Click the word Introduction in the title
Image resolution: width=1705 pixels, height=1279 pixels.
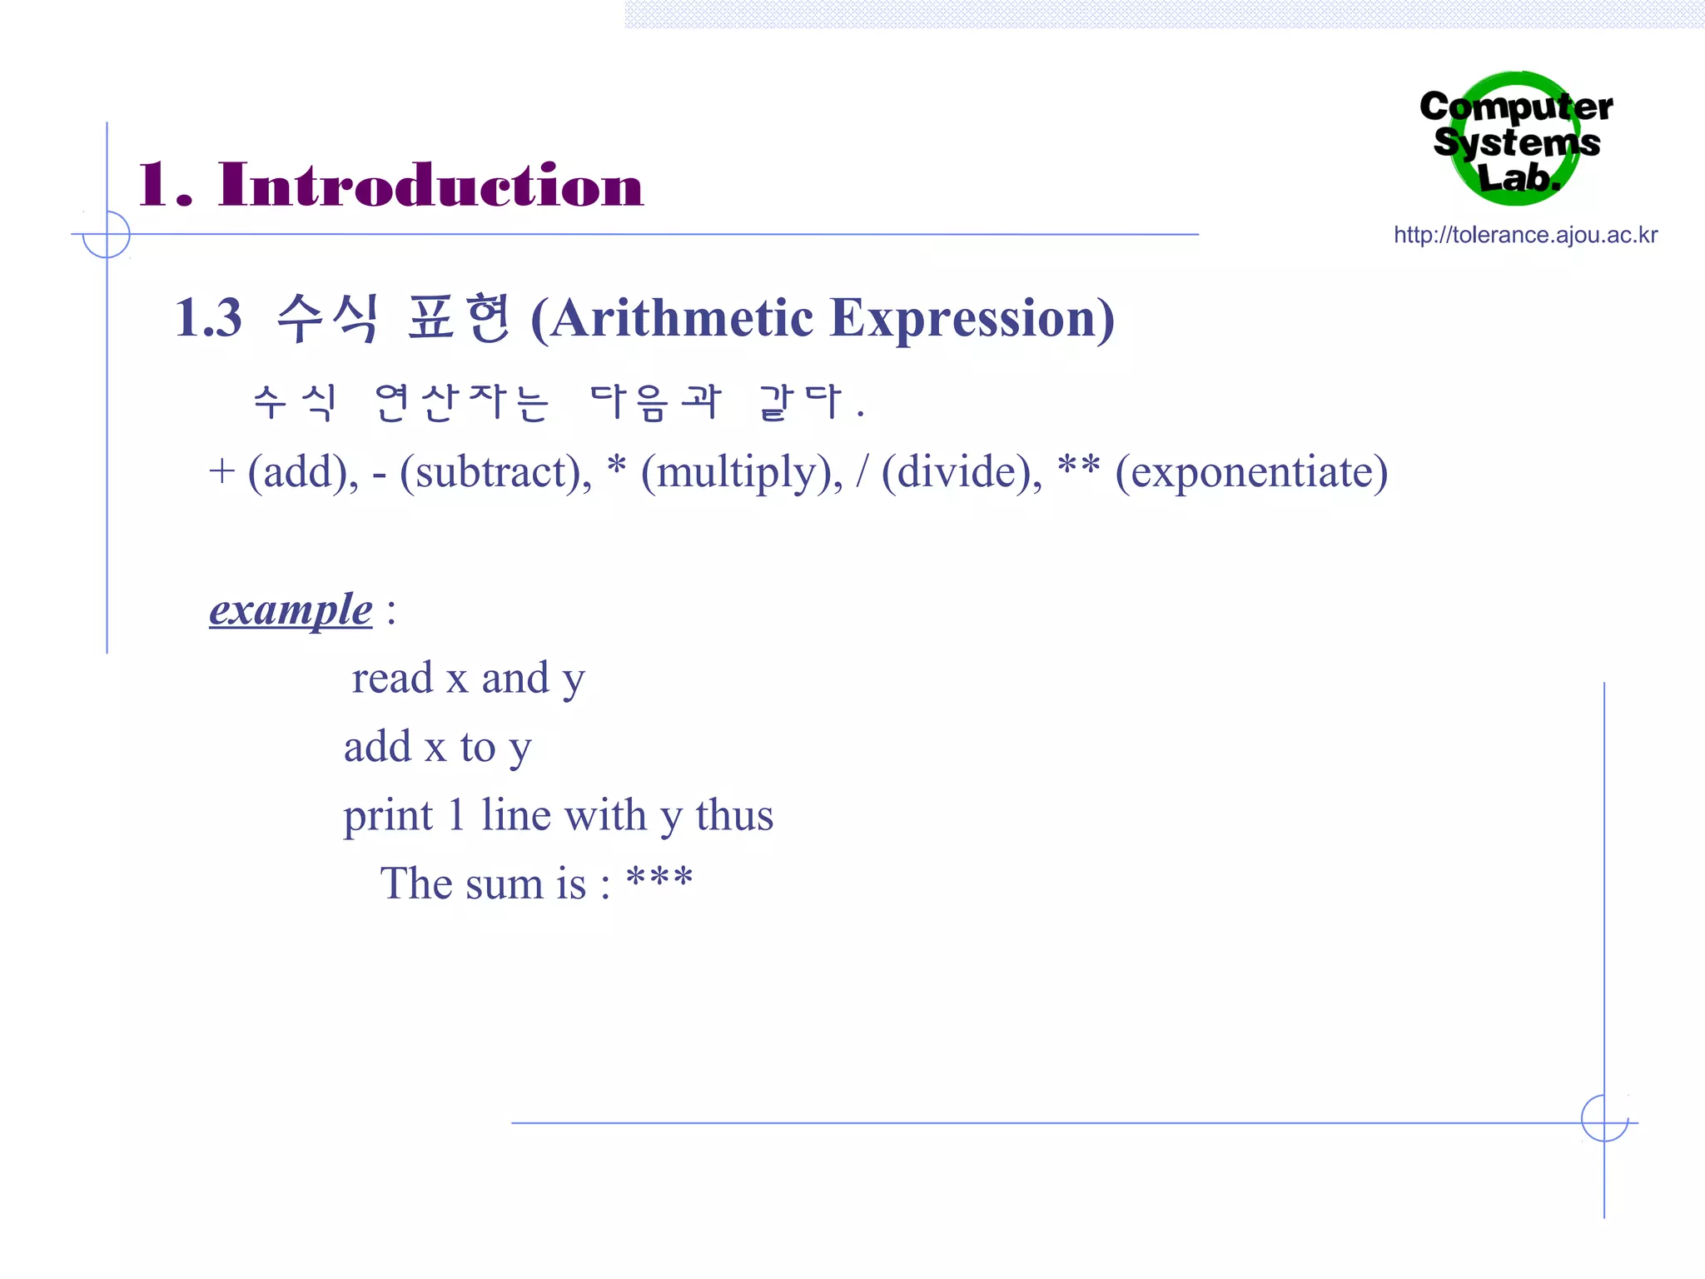click(x=430, y=185)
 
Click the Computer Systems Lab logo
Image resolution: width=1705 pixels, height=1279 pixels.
click(x=1516, y=139)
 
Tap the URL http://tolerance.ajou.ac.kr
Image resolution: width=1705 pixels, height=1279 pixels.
click(x=1525, y=235)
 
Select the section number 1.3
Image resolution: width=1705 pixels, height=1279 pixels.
click(x=208, y=318)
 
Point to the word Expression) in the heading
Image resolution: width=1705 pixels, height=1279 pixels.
click(x=972, y=318)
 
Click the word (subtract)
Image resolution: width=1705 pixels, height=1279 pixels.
click(x=495, y=472)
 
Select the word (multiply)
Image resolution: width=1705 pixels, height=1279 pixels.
click(x=742, y=472)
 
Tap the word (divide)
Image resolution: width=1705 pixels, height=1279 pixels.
click(x=962, y=472)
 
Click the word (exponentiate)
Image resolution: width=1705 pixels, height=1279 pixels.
click(x=1251, y=472)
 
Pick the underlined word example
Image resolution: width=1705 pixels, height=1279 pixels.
click(x=291, y=610)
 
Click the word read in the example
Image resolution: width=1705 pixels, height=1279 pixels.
click(x=392, y=678)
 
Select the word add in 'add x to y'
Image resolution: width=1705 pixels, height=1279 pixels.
click(x=378, y=746)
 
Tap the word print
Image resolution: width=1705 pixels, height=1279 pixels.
click(x=388, y=815)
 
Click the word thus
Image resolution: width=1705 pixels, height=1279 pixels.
click(x=734, y=815)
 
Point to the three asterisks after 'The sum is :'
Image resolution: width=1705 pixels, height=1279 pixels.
click(x=659, y=878)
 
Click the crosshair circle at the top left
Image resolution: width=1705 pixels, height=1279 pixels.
click(x=107, y=234)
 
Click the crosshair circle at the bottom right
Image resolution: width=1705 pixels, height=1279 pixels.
click(x=1604, y=1118)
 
